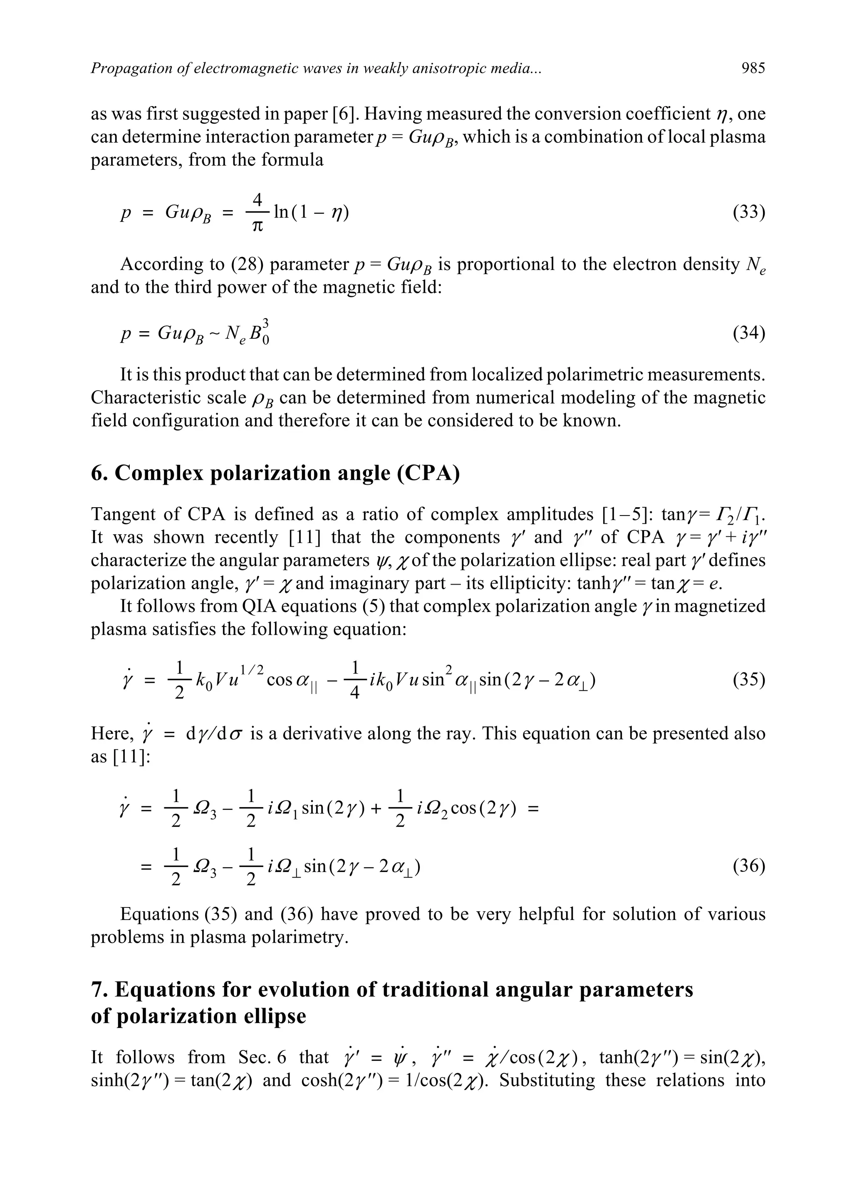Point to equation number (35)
coord(749,680)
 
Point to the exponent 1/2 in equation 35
coord(251,669)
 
